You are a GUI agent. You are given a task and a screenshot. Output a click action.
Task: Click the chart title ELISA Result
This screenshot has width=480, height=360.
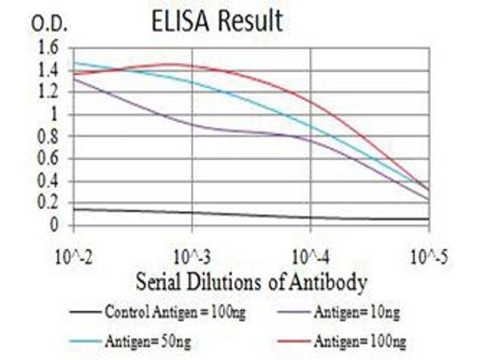click(217, 22)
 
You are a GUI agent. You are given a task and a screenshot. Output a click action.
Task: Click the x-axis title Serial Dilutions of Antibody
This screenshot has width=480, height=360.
click(251, 282)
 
